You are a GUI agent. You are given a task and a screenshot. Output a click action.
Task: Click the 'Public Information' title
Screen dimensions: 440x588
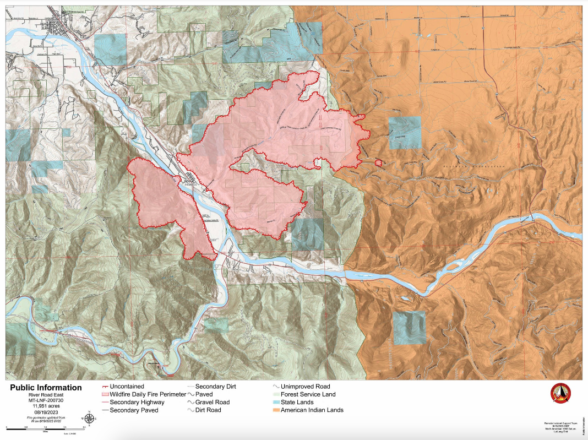coord(46,388)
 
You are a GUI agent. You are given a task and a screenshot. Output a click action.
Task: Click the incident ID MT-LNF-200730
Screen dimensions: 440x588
coord(46,400)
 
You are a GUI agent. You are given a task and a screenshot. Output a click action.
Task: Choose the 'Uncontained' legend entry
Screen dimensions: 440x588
coord(126,387)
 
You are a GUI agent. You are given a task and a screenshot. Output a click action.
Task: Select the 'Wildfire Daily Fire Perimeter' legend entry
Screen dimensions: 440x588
coord(143,394)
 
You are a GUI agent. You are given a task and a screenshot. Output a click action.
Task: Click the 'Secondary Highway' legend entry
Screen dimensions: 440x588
coord(136,403)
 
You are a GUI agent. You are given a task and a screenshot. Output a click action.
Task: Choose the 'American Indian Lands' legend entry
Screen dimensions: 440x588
coord(312,410)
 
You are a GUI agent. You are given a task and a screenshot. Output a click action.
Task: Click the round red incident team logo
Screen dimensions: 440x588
coord(560,393)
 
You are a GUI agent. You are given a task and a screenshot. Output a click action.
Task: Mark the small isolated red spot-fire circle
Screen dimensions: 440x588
coord(378,162)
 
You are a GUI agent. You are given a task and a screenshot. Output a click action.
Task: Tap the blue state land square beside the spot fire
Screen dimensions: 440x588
coord(404,133)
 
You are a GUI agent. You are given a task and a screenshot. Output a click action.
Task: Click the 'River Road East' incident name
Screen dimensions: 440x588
coord(46,394)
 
